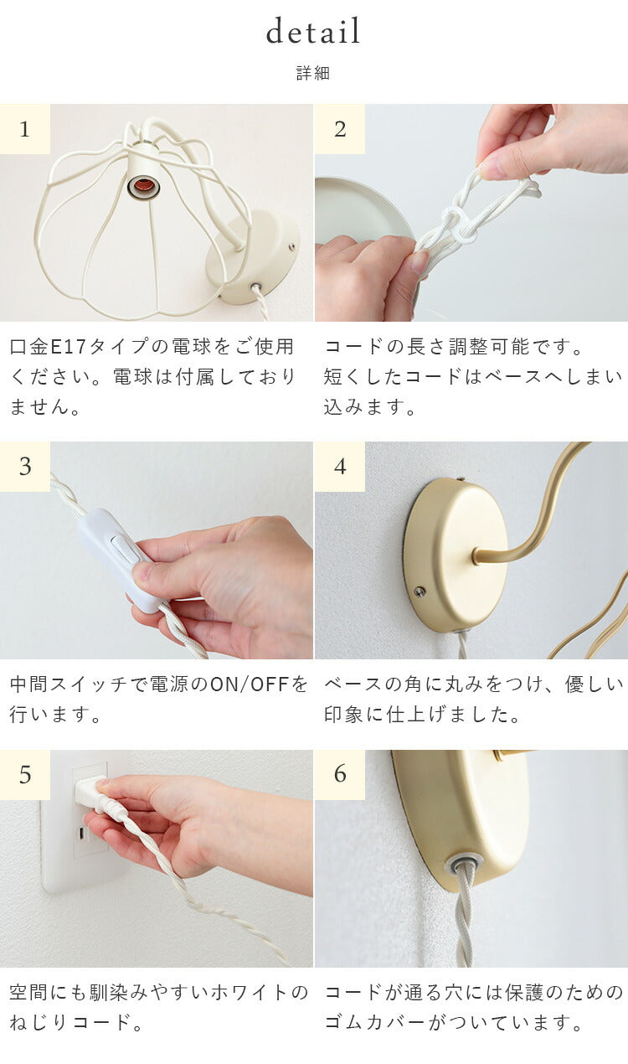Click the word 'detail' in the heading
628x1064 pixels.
(313, 31)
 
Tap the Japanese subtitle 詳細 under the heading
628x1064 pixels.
(313, 73)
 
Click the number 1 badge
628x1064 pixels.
(25, 129)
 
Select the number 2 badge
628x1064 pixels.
(340, 129)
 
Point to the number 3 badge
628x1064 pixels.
(25, 467)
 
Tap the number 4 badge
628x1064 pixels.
(340, 467)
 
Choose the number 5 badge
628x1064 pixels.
(25, 775)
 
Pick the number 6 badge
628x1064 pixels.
(340, 775)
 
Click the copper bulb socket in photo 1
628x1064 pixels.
(143, 187)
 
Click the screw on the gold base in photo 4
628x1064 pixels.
(419, 591)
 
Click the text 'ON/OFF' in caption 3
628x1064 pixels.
(250, 684)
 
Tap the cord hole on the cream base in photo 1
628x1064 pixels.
(256, 287)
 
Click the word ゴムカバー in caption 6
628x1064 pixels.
(374, 1023)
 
